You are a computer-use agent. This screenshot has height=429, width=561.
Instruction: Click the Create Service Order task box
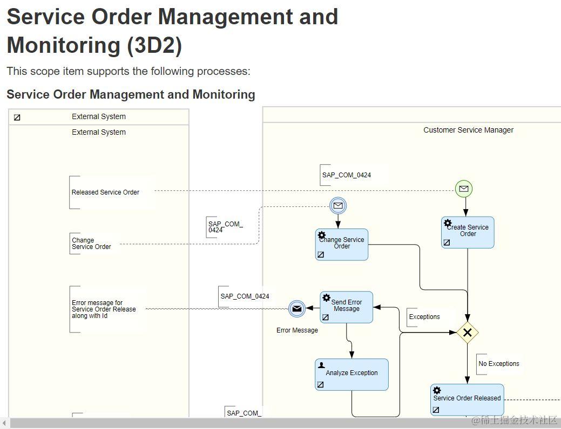click(x=468, y=233)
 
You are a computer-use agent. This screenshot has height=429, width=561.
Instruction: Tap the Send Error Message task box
click(x=346, y=308)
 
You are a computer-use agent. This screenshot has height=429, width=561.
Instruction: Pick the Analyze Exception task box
click(x=352, y=375)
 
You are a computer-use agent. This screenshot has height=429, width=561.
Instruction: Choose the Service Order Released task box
click(x=467, y=400)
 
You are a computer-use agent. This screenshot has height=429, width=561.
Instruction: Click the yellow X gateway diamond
click(x=468, y=333)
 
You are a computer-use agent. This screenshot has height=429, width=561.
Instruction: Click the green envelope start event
click(x=463, y=189)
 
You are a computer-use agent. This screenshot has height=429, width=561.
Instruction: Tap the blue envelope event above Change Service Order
click(x=338, y=205)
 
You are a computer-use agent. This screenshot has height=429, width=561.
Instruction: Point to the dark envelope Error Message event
click(x=296, y=309)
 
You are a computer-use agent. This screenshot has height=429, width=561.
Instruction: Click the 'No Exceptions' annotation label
click(x=499, y=364)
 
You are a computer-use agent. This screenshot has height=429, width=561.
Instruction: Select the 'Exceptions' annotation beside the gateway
click(x=424, y=317)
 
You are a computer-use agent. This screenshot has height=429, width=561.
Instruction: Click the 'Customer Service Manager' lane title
click(x=468, y=130)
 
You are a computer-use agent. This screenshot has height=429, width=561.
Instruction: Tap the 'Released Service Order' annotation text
click(x=105, y=192)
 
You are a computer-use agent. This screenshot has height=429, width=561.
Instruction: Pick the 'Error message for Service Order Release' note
click(x=104, y=309)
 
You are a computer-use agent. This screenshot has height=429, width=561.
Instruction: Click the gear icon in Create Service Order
click(x=448, y=223)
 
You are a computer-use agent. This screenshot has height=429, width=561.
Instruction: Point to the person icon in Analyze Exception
click(x=322, y=365)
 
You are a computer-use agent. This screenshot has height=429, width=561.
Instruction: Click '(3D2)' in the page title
click(x=154, y=45)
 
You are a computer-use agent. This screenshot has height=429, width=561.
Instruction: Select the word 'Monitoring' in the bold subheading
click(x=224, y=95)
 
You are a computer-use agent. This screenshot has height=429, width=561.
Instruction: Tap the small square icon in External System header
click(x=17, y=117)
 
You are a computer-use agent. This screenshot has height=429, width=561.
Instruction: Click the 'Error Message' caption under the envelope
click(x=297, y=330)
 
